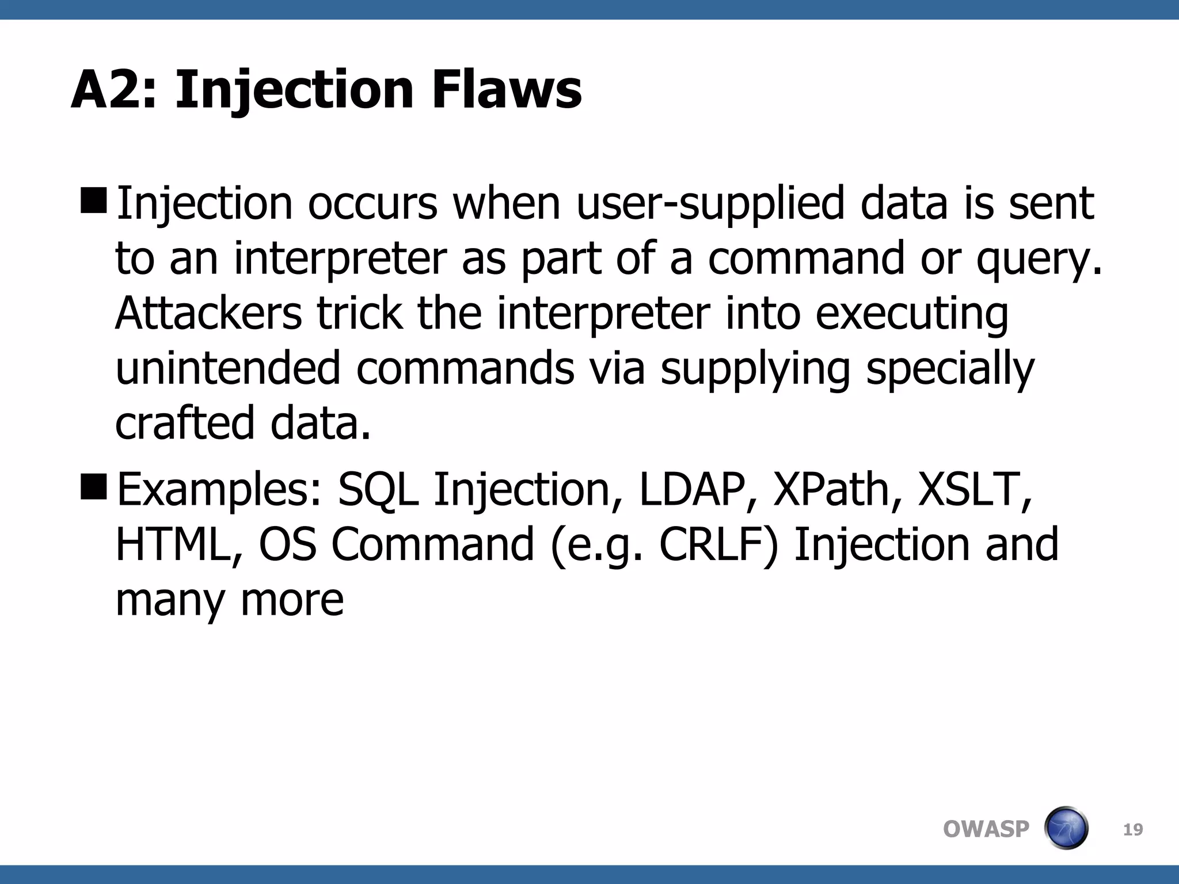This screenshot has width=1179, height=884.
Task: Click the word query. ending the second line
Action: pyautogui.click(x=1039, y=260)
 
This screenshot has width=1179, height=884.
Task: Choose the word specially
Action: pyautogui.click(x=950, y=369)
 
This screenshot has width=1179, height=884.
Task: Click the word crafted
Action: pyautogui.click(x=184, y=423)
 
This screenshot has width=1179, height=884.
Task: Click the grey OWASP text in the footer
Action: pyautogui.click(x=986, y=829)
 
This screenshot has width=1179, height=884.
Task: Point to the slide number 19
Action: pyautogui.click(x=1133, y=830)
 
